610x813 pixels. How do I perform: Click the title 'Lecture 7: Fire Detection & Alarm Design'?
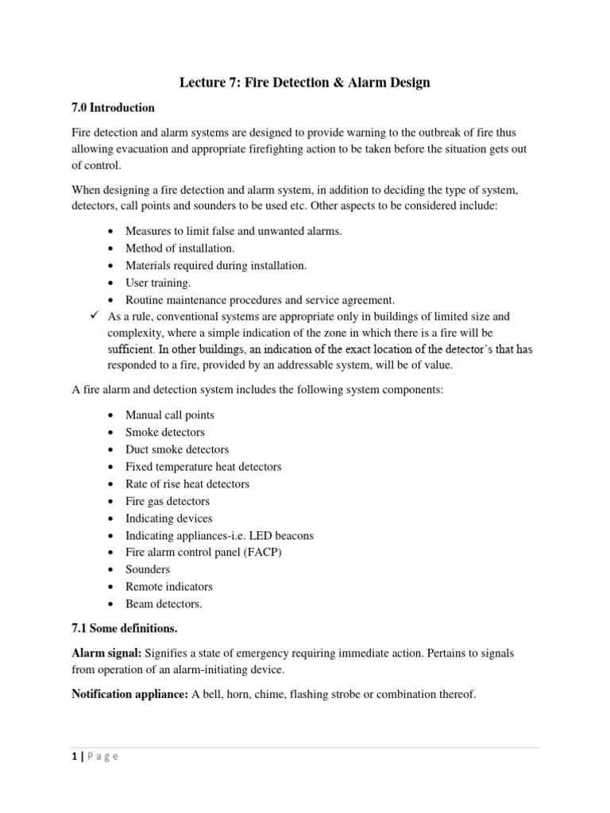[304, 83]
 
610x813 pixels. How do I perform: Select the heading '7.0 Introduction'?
[113, 108]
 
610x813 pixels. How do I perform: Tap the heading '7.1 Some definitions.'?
[125, 628]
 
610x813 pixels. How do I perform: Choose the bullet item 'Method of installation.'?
[180, 248]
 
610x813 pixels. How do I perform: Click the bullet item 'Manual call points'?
[169, 414]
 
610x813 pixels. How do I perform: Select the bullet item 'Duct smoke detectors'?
[176, 449]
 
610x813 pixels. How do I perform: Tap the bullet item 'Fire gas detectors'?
[168, 501]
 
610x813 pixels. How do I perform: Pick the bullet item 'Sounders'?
[147, 569]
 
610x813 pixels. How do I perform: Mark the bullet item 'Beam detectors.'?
[164, 604]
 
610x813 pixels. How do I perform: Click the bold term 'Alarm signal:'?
[106, 653]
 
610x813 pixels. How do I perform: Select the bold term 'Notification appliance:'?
[129, 694]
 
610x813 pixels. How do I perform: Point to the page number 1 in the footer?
[74, 757]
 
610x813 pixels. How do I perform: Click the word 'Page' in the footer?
[102, 757]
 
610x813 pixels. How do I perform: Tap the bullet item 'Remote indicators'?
[169, 587]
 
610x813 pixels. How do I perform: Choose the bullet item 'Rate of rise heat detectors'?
[187, 484]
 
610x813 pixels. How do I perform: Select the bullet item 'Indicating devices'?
[168, 518]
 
